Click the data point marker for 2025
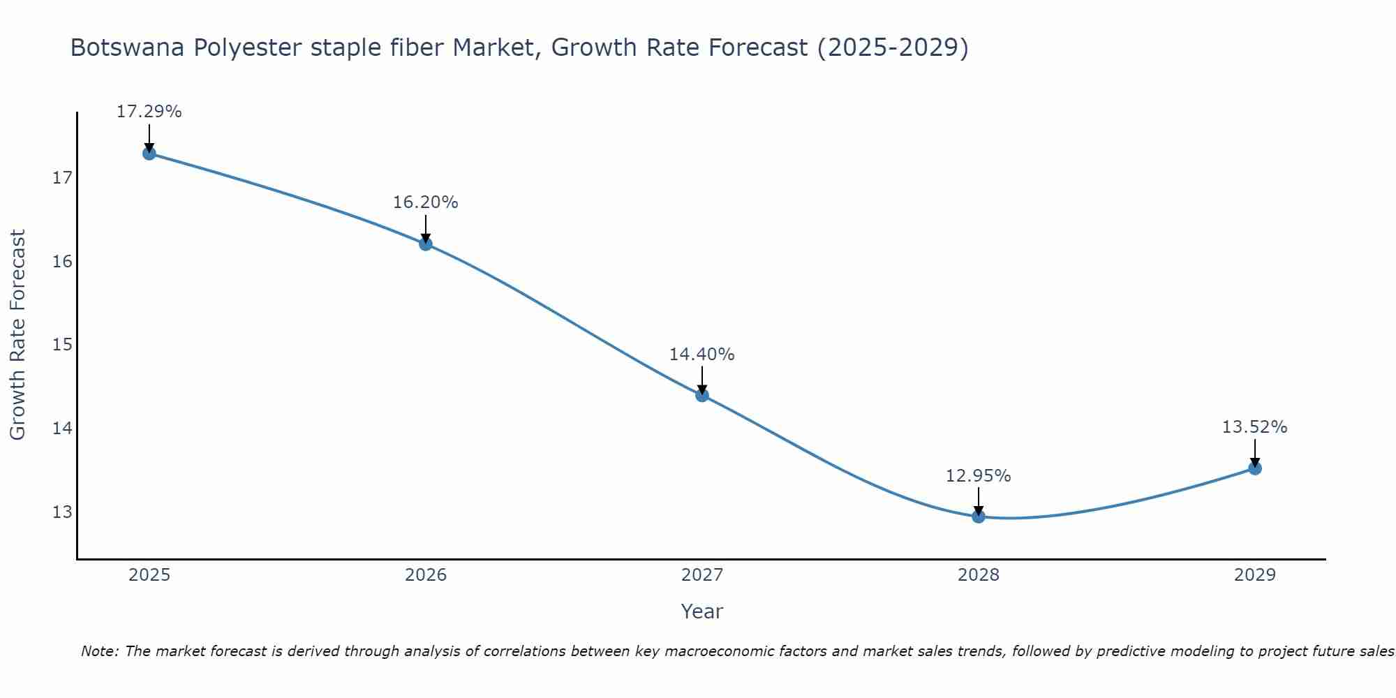tap(149, 154)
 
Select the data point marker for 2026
tap(426, 244)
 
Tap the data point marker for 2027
tap(702, 395)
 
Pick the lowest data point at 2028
tap(979, 517)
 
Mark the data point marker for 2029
tap(1254, 468)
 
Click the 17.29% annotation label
tap(149, 112)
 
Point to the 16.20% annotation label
tap(425, 202)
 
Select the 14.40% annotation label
tap(701, 355)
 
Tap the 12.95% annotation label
tap(978, 476)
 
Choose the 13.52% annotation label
tap(1254, 427)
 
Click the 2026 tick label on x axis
tap(426, 575)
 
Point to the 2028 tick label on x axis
tap(979, 575)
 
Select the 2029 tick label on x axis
tap(1254, 575)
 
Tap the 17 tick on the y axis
tap(62, 178)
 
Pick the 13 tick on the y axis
tap(62, 512)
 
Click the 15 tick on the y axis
tap(62, 345)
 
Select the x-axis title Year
tap(701, 611)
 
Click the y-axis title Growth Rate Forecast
tap(17, 335)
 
